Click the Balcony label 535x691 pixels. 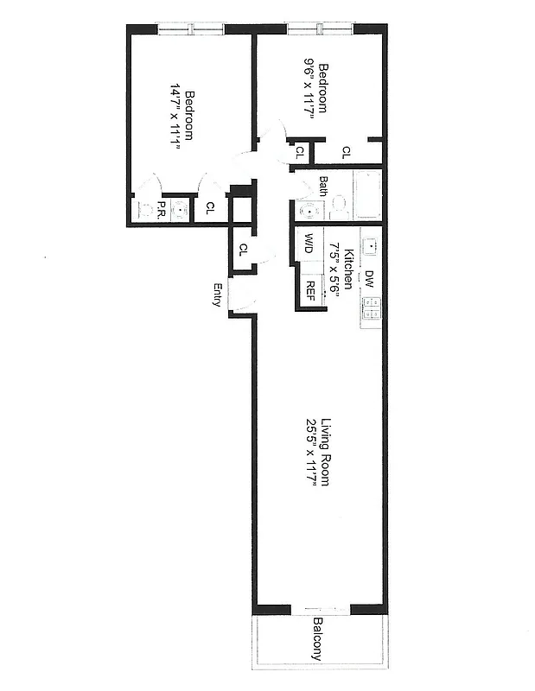click(318, 640)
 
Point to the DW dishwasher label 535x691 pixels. click(369, 278)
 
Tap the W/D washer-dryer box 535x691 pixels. click(309, 244)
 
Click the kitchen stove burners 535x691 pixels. click(372, 309)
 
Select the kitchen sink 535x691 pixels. click(371, 245)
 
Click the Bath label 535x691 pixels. click(323, 186)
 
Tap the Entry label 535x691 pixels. click(219, 295)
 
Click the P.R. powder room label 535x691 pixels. click(162, 208)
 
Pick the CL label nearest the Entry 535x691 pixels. click(244, 250)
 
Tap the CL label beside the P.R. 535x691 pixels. click(210, 208)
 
